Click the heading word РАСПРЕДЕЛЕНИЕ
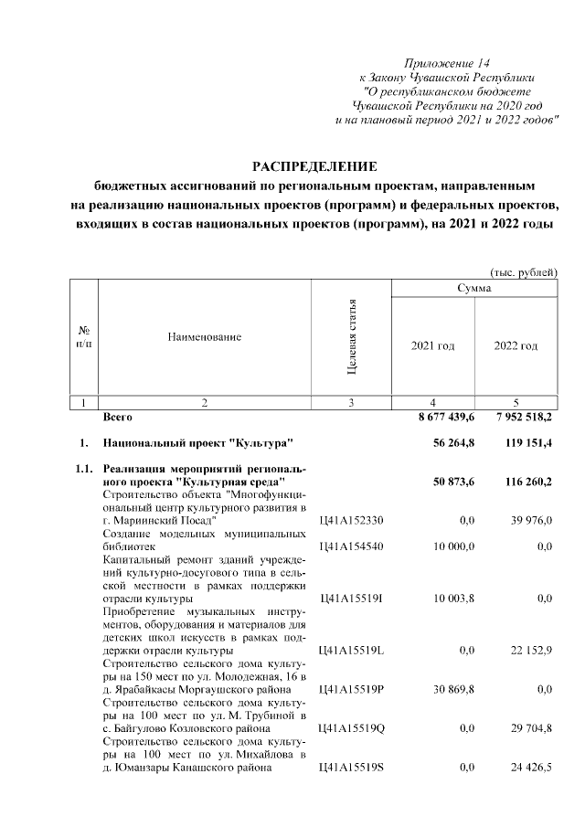314,165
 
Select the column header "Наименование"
204,338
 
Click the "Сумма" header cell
474,289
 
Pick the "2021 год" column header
433,346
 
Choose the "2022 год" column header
516,346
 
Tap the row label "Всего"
118,417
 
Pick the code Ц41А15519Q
351,729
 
